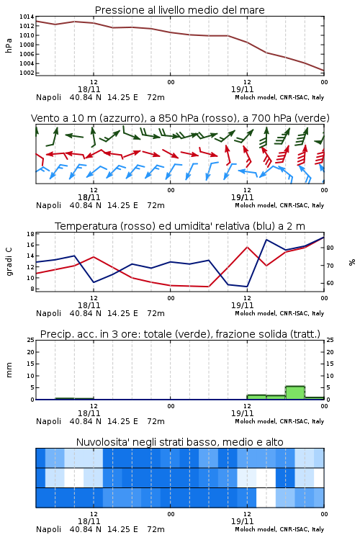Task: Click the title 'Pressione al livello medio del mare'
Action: (179, 10)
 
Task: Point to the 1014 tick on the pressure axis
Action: (27, 17)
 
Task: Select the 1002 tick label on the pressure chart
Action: (27, 73)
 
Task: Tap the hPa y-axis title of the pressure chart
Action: (9, 45)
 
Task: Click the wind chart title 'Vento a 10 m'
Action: (64, 118)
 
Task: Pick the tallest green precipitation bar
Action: (295, 392)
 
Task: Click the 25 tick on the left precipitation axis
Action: (31, 340)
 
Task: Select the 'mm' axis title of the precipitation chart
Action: (9, 370)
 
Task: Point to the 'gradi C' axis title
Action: (9, 262)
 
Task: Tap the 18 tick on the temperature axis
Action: (31, 234)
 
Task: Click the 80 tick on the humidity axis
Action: (330, 248)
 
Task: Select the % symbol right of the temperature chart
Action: (352, 262)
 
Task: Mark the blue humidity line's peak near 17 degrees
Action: (266, 239)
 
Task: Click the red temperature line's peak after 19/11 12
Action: (247, 247)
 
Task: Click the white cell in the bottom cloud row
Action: (266, 498)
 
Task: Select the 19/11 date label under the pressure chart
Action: (242, 89)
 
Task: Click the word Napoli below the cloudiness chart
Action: (48, 529)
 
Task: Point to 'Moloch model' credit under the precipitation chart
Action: (256, 421)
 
